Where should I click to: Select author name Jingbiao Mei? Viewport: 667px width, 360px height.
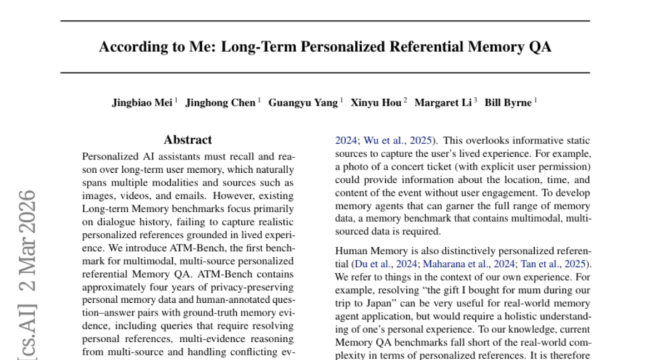click(x=143, y=103)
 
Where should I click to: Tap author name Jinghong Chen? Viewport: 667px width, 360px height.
click(x=220, y=103)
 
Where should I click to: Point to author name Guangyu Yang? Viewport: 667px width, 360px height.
click(x=303, y=103)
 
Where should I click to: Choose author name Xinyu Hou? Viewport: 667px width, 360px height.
click(x=376, y=103)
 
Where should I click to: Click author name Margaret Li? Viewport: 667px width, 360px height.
click(x=443, y=103)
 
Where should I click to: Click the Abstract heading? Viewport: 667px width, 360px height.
click(x=188, y=140)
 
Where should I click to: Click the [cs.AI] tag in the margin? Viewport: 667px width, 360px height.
click(x=28, y=331)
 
